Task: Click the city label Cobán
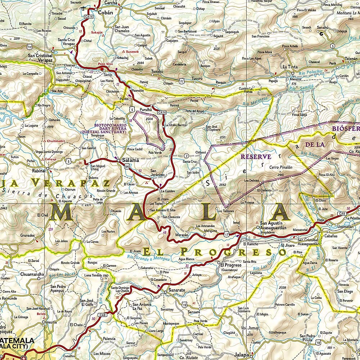coord(105,12)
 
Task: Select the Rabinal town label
coord(38,171)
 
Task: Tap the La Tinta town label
coord(289,67)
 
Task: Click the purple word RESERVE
coord(256,157)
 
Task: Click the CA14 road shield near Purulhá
coord(162,112)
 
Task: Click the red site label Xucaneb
coord(132,52)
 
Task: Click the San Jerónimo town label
coord(157,172)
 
